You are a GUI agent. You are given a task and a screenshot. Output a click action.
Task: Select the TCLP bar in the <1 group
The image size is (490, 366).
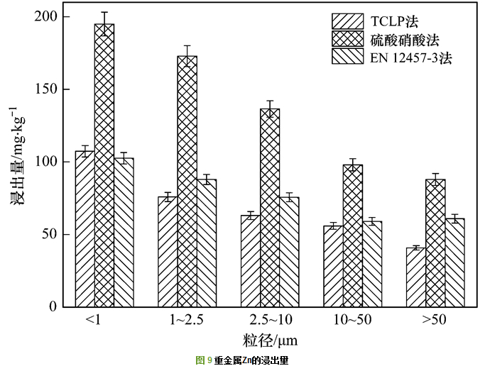point(85,228)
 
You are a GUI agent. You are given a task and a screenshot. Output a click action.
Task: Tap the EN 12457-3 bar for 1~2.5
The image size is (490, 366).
point(207,243)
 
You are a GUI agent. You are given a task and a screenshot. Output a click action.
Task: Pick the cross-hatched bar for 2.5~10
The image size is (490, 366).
point(270,207)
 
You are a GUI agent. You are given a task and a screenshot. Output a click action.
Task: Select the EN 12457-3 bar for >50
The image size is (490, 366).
point(455,262)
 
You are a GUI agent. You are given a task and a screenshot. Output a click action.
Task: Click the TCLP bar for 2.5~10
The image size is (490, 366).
point(250,260)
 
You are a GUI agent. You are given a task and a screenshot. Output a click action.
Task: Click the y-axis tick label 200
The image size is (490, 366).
point(49,16)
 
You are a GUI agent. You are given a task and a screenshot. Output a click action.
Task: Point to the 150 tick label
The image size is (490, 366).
point(49,89)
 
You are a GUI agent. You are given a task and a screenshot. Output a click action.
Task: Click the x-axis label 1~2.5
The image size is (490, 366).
point(187,320)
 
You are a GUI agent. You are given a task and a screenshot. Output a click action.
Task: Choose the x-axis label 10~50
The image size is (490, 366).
point(352,320)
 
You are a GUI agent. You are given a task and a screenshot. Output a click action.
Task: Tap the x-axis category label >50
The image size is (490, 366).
point(435,320)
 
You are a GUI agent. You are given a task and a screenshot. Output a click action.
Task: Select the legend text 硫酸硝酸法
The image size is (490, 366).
point(403,39)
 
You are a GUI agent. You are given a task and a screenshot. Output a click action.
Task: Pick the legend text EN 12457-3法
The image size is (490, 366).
point(409,57)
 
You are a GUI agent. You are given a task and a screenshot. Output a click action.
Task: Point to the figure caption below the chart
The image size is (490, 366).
point(242,360)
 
